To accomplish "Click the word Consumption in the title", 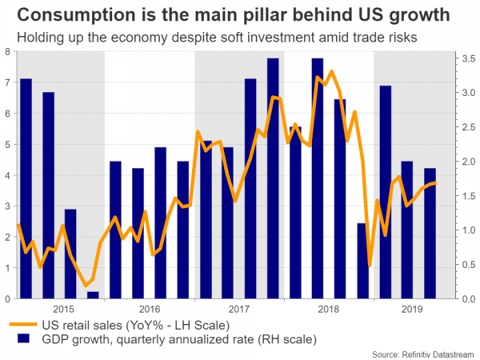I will [70, 15].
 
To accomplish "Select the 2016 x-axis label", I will [150, 309].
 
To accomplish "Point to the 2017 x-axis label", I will [238, 309].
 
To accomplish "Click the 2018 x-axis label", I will [328, 309].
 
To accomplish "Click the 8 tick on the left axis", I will [8, 51].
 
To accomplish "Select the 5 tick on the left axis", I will [8, 144].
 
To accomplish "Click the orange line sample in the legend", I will [22, 324].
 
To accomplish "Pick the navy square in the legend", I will [22, 339].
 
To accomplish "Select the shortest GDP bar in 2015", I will [93, 295].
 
